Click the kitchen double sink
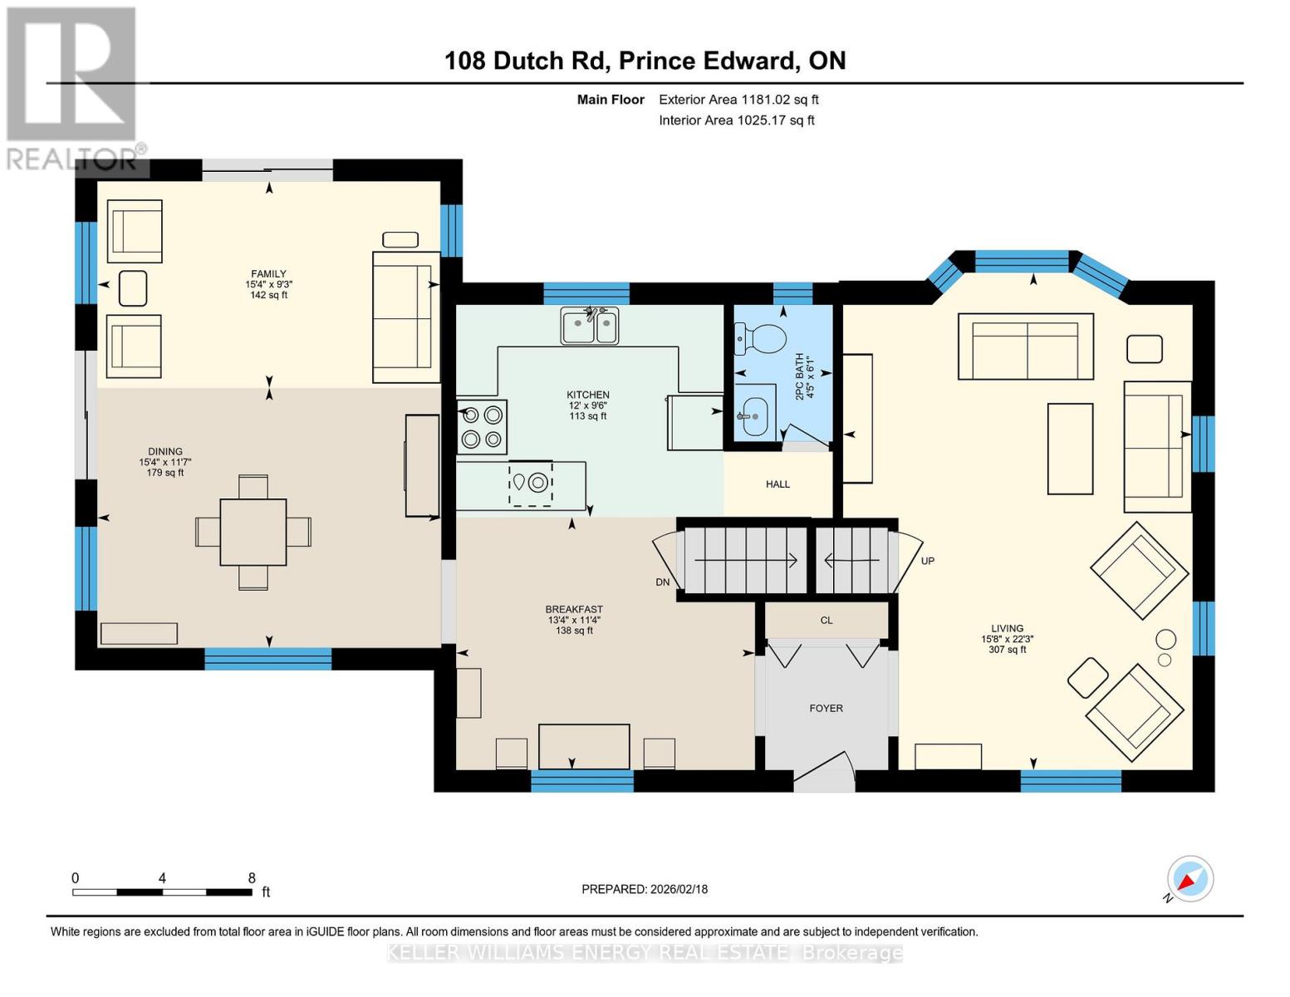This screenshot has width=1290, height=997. coord(589,326)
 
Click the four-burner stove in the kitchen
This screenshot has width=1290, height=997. coord(482,426)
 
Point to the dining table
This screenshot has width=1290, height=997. coord(253,532)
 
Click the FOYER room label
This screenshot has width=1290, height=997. coord(826,708)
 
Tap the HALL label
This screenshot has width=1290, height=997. coord(777,484)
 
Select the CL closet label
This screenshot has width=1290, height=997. coord(826,620)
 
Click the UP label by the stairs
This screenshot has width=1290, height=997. coord(928,561)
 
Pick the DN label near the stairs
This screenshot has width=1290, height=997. coord(662,582)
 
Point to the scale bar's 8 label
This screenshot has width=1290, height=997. coord(252,878)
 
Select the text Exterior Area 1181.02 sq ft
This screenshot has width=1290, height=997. coord(738,100)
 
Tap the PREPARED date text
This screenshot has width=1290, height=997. coord(645,889)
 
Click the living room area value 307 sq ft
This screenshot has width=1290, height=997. coord(1007,650)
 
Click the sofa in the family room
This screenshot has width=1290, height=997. coord(405,316)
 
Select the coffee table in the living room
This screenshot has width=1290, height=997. coord(1069,449)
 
